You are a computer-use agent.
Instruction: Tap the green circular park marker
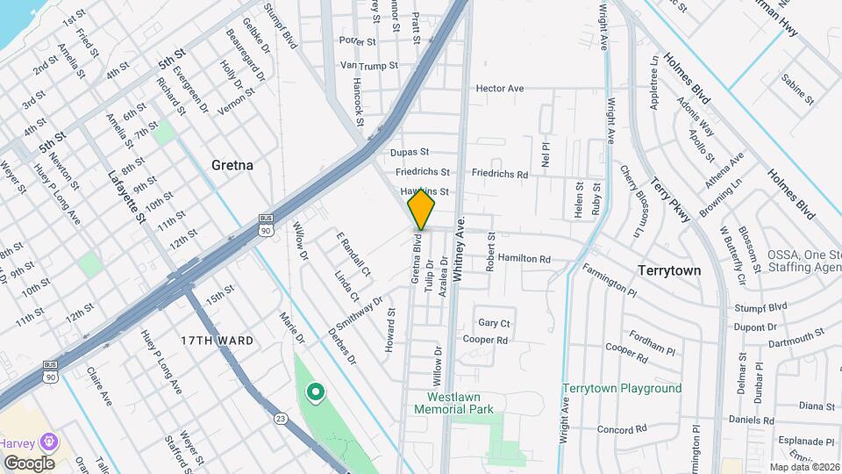tap(313, 391)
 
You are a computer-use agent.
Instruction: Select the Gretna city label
tap(232, 165)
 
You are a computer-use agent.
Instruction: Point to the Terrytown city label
tap(669, 270)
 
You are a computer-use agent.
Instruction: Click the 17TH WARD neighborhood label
tap(210, 339)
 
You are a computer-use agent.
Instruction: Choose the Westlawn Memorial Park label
tap(454, 403)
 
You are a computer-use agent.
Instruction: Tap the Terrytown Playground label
tap(622, 388)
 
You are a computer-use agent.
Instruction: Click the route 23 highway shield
tap(281, 419)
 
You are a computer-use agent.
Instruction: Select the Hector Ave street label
tap(500, 89)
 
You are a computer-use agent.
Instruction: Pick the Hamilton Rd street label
tap(524, 259)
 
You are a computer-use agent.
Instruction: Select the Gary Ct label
tap(494, 323)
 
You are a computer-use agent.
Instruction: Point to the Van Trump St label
tap(369, 65)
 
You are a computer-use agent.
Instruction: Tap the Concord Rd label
tap(622, 429)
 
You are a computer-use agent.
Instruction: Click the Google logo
tap(29, 463)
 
